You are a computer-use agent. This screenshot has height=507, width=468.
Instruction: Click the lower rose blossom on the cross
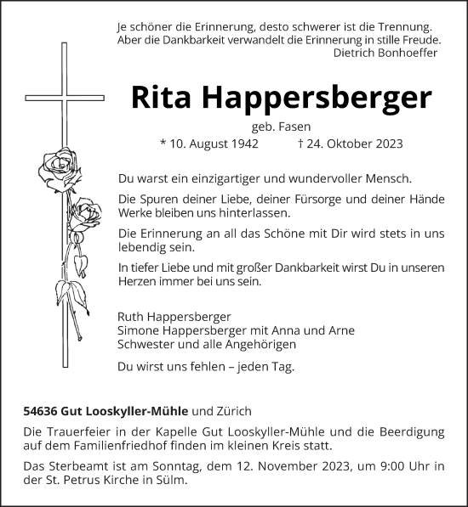coord(83,213)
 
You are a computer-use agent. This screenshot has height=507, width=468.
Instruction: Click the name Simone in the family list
coord(138,330)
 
